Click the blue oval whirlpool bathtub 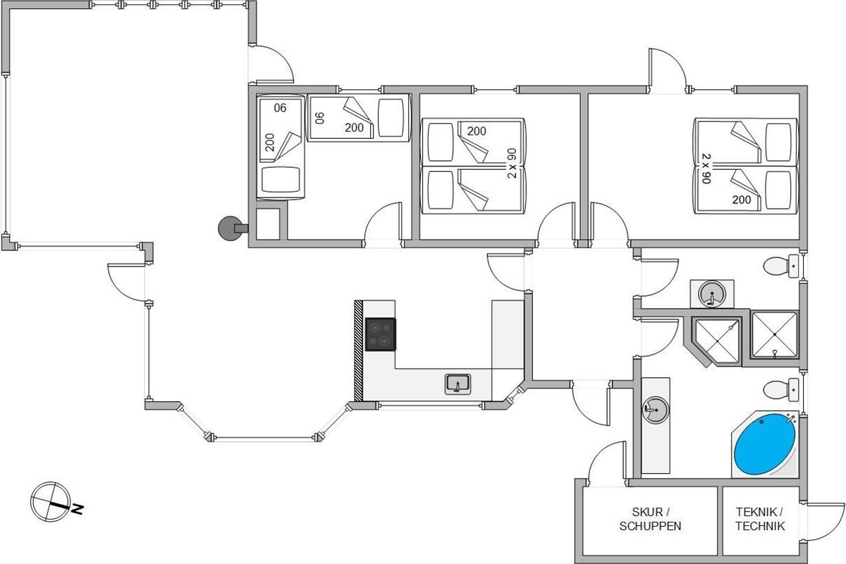tap(764, 444)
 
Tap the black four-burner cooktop tap(380, 334)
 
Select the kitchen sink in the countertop tap(458, 384)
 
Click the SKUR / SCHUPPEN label tap(650, 519)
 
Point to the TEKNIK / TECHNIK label tap(760, 519)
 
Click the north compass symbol tap(50, 502)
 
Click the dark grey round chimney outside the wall tap(230, 228)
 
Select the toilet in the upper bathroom tap(780, 266)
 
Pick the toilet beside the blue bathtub tap(780, 389)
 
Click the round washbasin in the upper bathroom tap(712, 293)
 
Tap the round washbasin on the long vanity tap(656, 410)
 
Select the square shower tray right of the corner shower tap(774, 335)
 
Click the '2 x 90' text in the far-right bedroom tap(706, 168)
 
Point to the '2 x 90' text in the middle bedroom tap(512, 163)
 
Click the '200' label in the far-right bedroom tap(742, 200)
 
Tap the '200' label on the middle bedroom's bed tap(477, 131)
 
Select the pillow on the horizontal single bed tap(391, 118)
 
